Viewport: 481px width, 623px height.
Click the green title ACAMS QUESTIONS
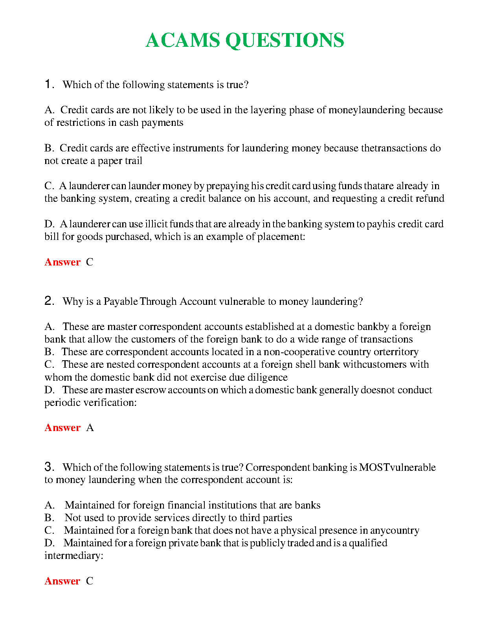[x=244, y=40]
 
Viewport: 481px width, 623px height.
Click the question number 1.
[x=48, y=84]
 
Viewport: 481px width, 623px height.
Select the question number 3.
[x=48, y=466]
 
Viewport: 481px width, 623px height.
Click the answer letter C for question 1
[x=90, y=262]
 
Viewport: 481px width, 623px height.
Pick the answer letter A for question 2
[x=90, y=428]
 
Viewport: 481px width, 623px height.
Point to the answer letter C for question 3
[x=90, y=581]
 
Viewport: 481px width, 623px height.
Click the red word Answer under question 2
[x=62, y=428]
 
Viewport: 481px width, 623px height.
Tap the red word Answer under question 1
[x=62, y=262]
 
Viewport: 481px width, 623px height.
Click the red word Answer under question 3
[x=62, y=581]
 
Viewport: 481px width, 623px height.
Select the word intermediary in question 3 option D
[x=73, y=555]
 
